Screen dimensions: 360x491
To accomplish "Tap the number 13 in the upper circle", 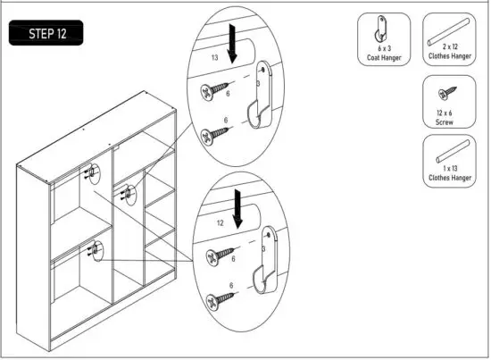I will click(214, 56).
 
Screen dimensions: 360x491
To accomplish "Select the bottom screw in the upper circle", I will click(216, 135).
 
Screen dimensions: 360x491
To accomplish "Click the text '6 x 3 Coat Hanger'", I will click(385, 55).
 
